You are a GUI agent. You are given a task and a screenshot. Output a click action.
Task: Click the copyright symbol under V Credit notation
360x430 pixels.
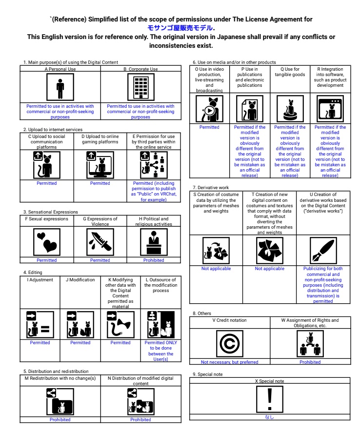tap(229, 344)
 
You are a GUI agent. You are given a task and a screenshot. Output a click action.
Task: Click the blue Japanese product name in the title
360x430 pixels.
tap(181, 28)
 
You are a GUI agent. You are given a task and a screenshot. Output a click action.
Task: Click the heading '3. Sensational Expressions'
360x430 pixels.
tap(50, 212)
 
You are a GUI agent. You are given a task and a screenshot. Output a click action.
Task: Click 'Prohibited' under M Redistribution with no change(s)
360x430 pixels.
tap(60, 420)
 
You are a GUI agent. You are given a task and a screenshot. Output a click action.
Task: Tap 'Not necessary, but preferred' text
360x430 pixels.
tap(229, 362)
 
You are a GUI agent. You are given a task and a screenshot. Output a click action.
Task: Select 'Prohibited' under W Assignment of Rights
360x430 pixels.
tap(310, 362)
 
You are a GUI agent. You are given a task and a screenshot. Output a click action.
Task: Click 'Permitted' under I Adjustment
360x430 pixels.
tap(40, 343)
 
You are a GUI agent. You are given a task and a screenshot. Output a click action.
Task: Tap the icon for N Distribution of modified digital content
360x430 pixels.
tap(140, 401)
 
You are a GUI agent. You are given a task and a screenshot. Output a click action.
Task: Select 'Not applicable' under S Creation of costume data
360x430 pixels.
tap(216, 269)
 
